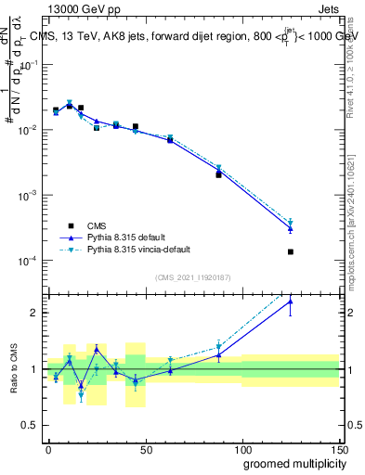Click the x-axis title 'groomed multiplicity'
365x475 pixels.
click(x=290, y=463)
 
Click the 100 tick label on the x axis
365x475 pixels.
click(x=242, y=448)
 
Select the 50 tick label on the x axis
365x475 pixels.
click(x=145, y=448)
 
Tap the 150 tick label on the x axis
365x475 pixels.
click(x=338, y=448)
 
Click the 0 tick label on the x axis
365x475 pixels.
click(x=48, y=448)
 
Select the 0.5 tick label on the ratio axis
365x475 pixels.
click(x=33, y=426)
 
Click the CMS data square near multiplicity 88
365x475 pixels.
click(x=219, y=174)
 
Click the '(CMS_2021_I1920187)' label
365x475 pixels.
click(x=192, y=277)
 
